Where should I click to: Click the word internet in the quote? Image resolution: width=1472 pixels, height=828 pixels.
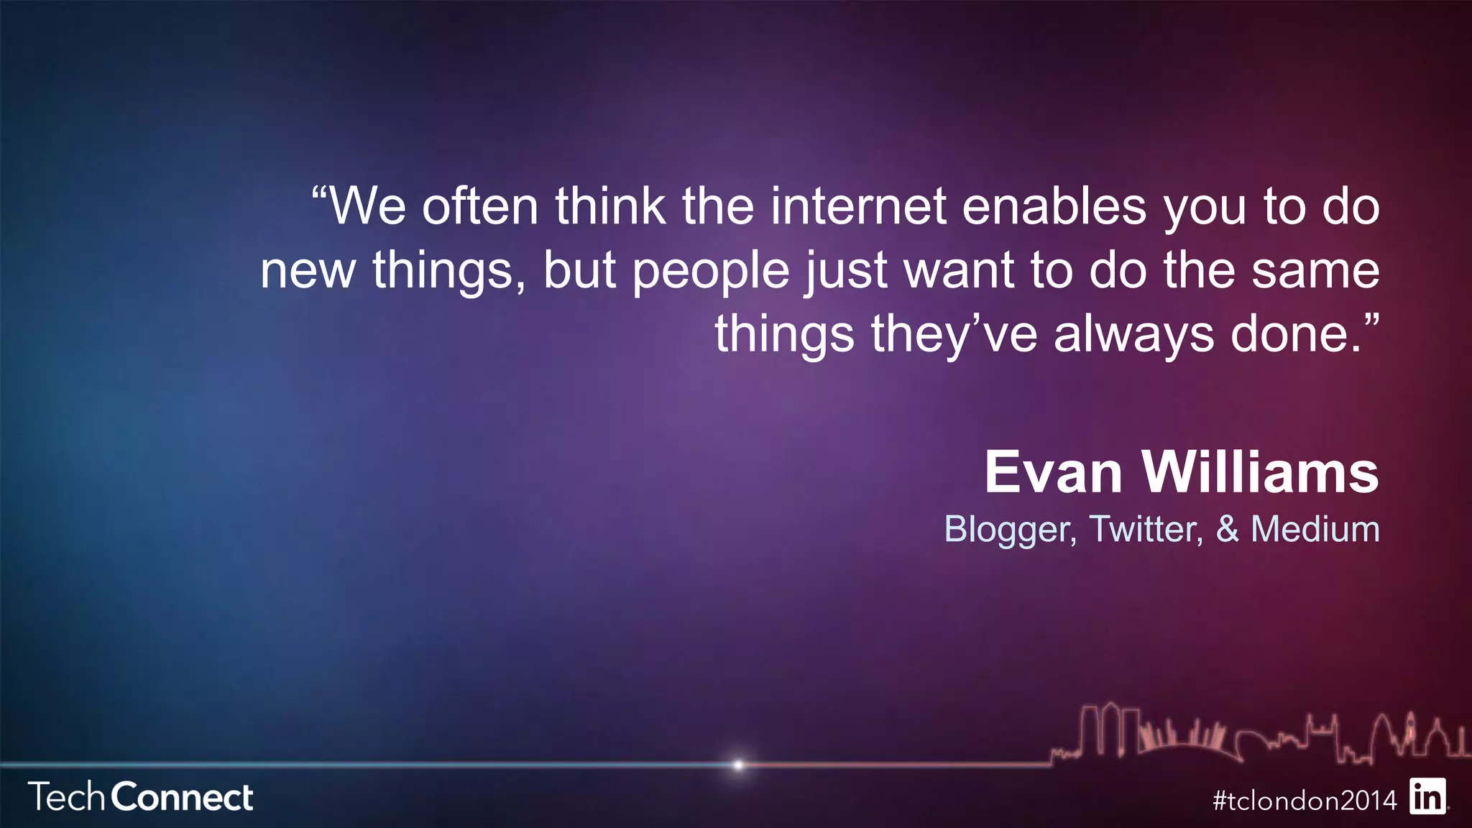pyautogui.click(x=858, y=207)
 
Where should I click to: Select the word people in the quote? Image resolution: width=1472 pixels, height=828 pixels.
pyautogui.click(x=711, y=272)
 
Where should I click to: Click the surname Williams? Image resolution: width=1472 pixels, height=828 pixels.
pyautogui.click(x=1260, y=473)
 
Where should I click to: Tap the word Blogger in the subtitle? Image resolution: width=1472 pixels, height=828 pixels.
pyautogui.click(x=1009, y=530)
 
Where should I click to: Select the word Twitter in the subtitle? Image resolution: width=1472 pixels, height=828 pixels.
pyautogui.click(x=1146, y=529)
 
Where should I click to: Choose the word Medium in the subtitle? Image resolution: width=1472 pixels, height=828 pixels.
pyautogui.click(x=1315, y=529)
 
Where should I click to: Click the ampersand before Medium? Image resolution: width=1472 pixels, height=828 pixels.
pyautogui.click(x=1228, y=529)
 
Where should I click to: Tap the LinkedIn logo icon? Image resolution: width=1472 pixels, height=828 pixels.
pyautogui.click(x=1427, y=796)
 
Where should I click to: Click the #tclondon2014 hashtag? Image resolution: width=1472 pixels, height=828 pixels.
pyautogui.click(x=1305, y=800)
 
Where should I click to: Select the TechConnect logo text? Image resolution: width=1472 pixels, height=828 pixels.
pyautogui.click(x=141, y=797)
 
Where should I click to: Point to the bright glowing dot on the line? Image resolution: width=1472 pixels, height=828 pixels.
pyautogui.click(x=738, y=765)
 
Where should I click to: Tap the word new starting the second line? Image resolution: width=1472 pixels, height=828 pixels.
pyautogui.click(x=308, y=272)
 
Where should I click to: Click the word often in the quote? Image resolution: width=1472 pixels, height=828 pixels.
pyautogui.click(x=480, y=207)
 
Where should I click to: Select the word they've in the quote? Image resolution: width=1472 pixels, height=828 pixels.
pyautogui.click(x=954, y=336)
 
